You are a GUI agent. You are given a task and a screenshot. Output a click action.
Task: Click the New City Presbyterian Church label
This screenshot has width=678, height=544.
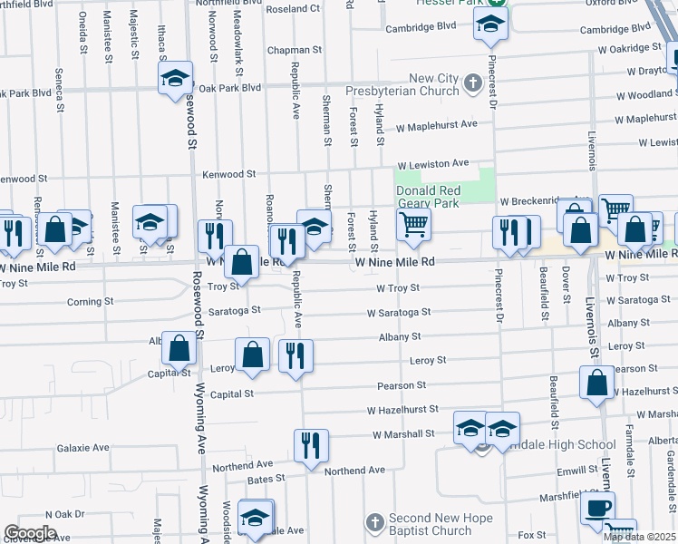pyautogui.click(x=408, y=85)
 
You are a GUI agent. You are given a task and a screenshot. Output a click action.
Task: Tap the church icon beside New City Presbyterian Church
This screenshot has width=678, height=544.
pyautogui.click(x=472, y=85)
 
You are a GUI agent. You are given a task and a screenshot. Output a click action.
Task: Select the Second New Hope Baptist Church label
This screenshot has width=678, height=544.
pyautogui.click(x=431, y=524)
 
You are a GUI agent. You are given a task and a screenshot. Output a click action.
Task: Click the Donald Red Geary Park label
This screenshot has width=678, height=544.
pyautogui.click(x=429, y=197)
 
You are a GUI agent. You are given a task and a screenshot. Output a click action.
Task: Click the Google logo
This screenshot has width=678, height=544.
pyautogui.click(x=30, y=533)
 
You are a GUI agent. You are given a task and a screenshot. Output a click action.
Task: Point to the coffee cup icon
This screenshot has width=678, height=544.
pyautogui.click(x=597, y=508)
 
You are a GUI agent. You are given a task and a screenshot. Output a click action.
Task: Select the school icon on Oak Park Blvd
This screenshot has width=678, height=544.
pyautogui.click(x=176, y=78)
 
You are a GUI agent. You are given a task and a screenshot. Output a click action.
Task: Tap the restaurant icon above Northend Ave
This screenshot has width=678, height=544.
pyautogui.click(x=311, y=445)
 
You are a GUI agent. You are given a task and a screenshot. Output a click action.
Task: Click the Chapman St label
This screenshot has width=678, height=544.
pyautogui.click(x=289, y=51)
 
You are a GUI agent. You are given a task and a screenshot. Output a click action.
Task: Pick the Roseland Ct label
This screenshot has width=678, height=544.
pyautogui.click(x=294, y=8)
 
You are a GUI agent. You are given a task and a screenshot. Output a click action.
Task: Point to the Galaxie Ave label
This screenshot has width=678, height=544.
pyautogui.click(x=82, y=448)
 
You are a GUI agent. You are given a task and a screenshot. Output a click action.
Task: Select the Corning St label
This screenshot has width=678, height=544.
pyautogui.click(x=91, y=301)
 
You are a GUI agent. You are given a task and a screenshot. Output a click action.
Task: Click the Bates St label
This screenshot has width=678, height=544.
pyautogui.click(x=266, y=478)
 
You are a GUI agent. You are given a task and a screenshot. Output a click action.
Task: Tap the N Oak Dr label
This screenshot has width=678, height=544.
pyautogui.click(x=64, y=513)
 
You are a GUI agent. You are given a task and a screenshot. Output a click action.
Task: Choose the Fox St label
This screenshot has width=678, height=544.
pyautogui.click(x=532, y=536)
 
